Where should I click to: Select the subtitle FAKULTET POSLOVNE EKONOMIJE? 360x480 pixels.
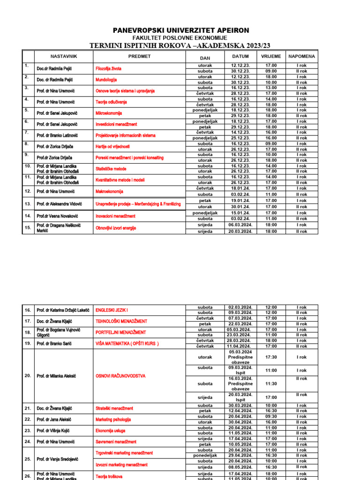click(x=180, y=38)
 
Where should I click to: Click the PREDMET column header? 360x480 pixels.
click(x=139, y=56)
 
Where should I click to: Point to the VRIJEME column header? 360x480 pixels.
click(x=271, y=56)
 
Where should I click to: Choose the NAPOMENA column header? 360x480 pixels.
click(x=301, y=56)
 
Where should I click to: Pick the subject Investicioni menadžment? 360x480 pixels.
click(x=116, y=124)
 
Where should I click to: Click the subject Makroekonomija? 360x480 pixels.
click(x=111, y=191)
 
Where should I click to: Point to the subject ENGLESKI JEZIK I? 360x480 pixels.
click(x=112, y=310)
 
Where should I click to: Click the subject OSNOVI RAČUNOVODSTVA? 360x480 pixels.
click(x=120, y=376)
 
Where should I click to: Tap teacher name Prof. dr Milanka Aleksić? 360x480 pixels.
click(x=57, y=376)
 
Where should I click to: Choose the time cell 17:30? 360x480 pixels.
click(x=271, y=357)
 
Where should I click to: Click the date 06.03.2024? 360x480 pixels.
click(x=240, y=225)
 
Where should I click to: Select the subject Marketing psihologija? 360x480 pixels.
click(x=113, y=420)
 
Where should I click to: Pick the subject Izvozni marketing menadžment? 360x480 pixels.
click(x=121, y=465)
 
